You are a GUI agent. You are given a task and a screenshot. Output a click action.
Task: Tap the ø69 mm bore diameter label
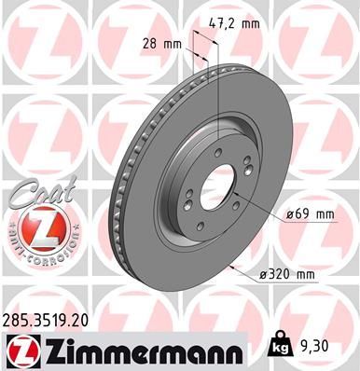310,214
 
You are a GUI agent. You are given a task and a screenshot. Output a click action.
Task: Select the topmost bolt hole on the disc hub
218,153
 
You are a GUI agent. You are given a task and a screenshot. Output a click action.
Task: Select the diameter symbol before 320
264,273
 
